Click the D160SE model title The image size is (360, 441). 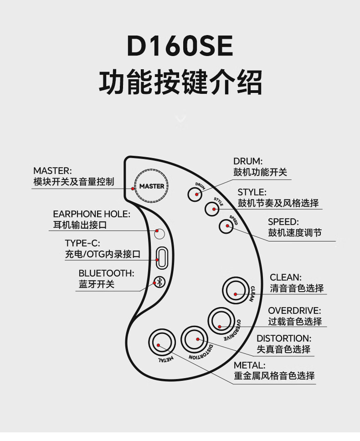[x=180, y=46]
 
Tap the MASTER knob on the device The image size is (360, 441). [x=152, y=186]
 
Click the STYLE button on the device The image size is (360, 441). [x=211, y=209]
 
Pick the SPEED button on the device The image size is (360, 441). [x=226, y=226]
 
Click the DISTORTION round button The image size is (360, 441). [x=196, y=339]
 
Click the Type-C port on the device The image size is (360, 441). [x=160, y=257]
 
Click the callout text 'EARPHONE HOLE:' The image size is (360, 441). [x=92, y=214]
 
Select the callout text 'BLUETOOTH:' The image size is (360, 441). [x=106, y=273]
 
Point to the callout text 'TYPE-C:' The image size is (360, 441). [x=82, y=243]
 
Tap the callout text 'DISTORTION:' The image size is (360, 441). [x=284, y=338]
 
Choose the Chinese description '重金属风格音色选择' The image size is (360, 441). [x=274, y=376]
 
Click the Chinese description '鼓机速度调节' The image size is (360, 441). [x=294, y=233]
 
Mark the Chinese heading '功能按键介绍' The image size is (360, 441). [x=180, y=82]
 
